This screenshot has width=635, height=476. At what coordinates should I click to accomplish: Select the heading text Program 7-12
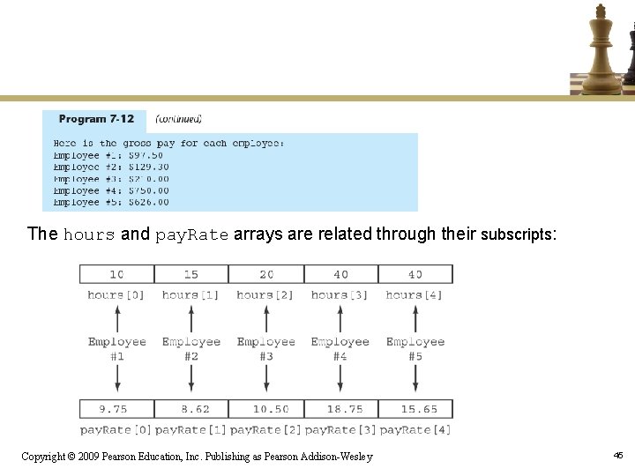(x=96, y=119)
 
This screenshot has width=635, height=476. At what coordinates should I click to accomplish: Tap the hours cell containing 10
(x=116, y=274)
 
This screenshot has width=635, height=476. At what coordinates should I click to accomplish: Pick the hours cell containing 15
(x=191, y=274)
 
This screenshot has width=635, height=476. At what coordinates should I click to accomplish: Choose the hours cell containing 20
(x=265, y=274)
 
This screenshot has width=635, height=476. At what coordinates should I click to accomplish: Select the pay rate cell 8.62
(x=191, y=409)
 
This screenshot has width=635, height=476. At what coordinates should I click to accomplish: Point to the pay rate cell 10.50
(x=265, y=409)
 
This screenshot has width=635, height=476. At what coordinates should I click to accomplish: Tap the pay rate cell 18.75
(x=340, y=409)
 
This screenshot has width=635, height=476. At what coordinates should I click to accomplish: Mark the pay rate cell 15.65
(x=415, y=409)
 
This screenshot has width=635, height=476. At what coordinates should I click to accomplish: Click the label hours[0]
(x=116, y=294)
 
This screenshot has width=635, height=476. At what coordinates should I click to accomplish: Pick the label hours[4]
(x=415, y=294)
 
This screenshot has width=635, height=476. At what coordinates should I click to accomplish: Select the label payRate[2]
(x=265, y=429)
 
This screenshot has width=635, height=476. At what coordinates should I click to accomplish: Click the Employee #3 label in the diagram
(x=265, y=348)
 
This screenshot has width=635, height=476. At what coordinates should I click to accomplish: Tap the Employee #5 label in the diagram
(x=415, y=348)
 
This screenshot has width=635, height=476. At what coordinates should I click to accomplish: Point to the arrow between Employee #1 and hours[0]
(x=117, y=317)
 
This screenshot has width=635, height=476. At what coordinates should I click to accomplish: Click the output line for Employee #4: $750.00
(x=111, y=190)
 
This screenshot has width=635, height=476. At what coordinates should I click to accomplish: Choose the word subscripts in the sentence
(x=516, y=234)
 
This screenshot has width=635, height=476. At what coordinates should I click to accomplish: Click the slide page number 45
(x=618, y=455)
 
